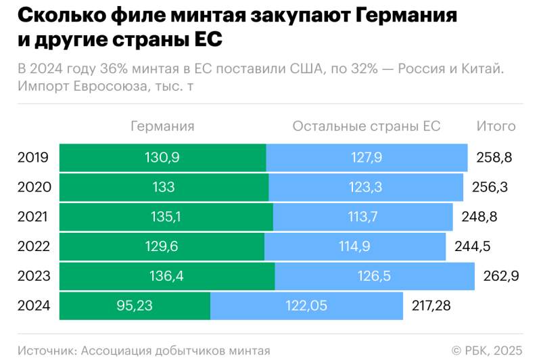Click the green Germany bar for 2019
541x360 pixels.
162,158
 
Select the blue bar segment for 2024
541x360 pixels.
306,306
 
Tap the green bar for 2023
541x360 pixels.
167,276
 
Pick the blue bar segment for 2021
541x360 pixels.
362,217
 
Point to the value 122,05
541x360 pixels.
306,306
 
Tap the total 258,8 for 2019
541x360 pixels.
494,158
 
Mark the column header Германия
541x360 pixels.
162,127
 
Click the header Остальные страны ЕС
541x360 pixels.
366,127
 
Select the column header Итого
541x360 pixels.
496,127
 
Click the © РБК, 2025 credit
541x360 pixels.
487,351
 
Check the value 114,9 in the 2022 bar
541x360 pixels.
354,246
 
